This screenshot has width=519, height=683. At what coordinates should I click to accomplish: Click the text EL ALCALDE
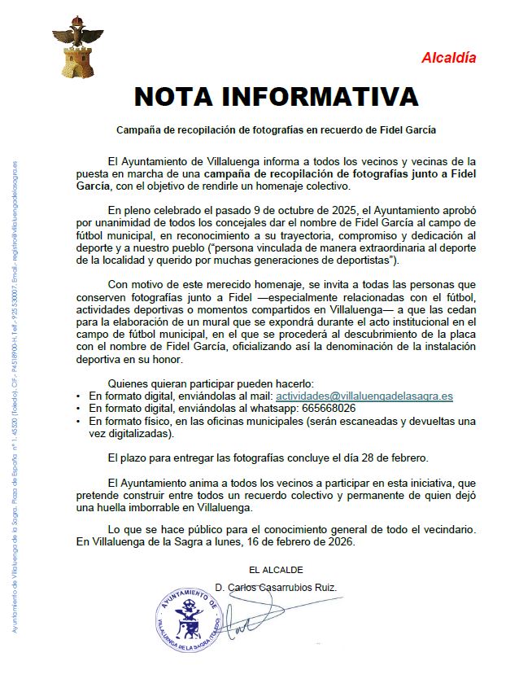276,569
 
